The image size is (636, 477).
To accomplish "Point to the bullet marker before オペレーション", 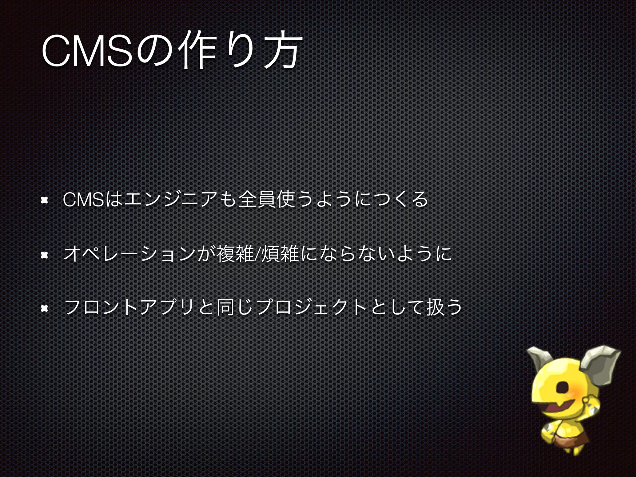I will pyautogui.click(x=44, y=255).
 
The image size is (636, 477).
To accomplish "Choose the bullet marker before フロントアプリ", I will pyautogui.click(x=44, y=308).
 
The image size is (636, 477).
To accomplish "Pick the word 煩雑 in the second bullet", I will pyautogui.click(x=280, y=254).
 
